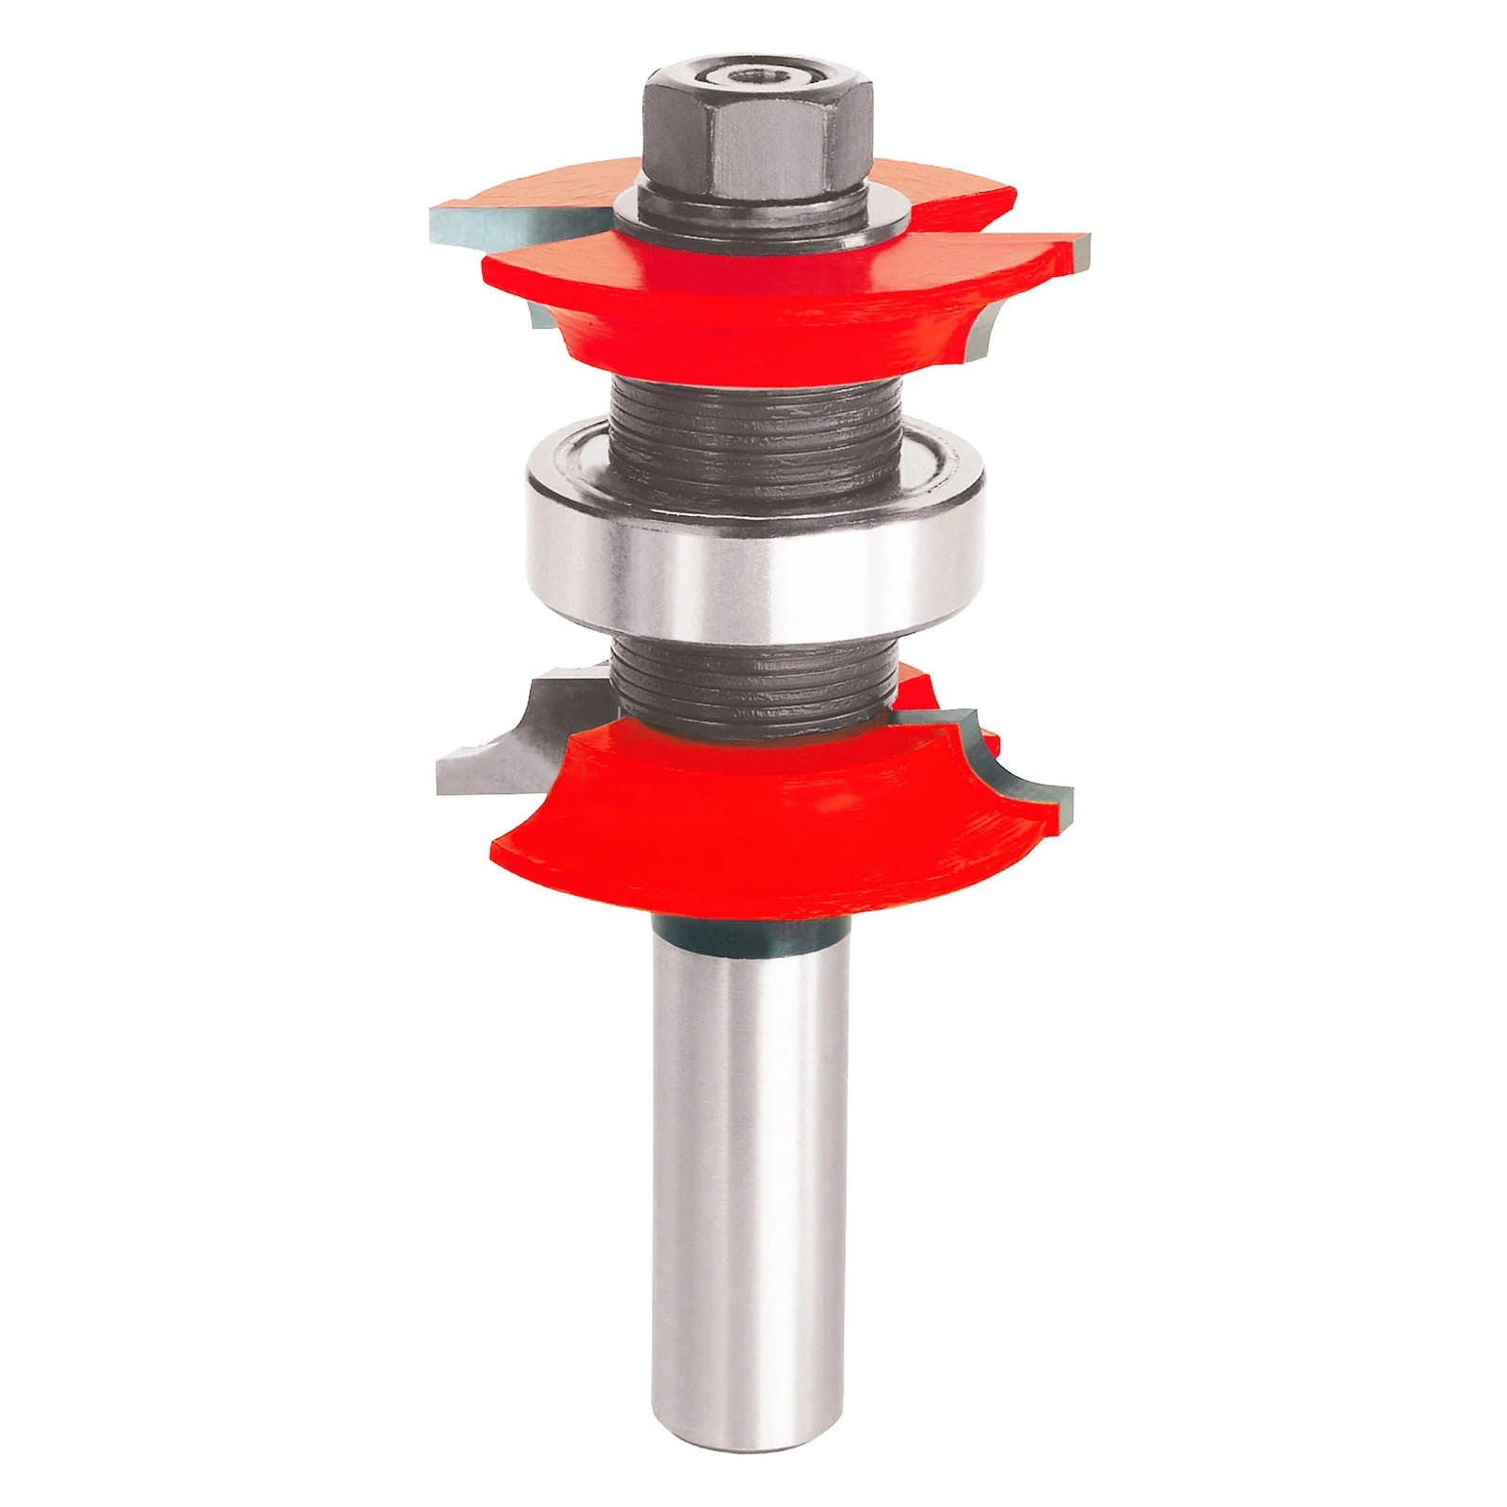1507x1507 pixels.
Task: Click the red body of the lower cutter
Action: (753, 838)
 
